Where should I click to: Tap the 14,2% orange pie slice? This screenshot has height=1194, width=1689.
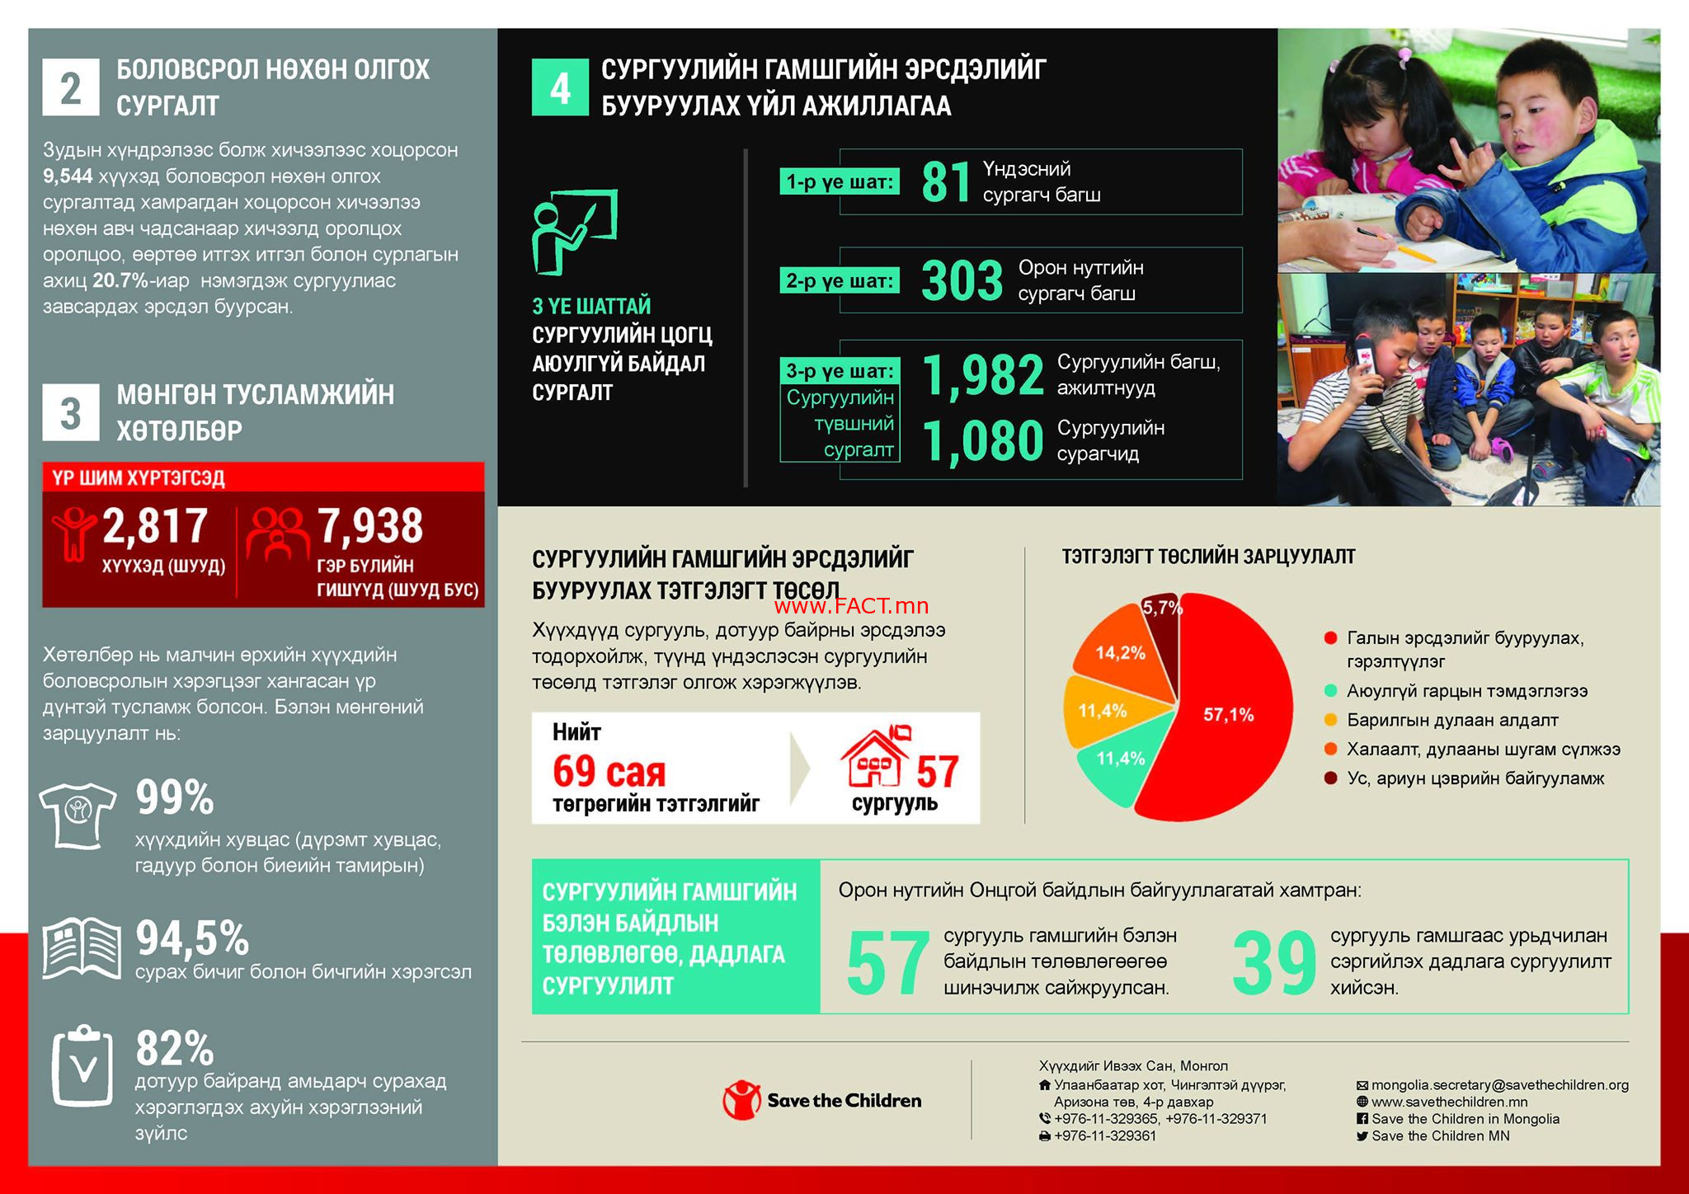point(1120,651)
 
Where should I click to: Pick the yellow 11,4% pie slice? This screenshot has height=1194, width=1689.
point(1103,710)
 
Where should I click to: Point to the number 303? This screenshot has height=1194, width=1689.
point(962,281)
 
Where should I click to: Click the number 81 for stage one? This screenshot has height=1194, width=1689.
point(946,182)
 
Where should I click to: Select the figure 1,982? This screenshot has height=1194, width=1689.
point(983,375)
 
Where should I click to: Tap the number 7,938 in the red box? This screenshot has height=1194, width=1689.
point(370,526)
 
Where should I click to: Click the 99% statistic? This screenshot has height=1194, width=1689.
point(175,797)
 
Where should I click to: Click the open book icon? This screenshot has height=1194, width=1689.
point(81,947)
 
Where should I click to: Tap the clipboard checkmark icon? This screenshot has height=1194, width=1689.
point(82,1065)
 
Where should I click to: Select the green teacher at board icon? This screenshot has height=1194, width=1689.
point(574,232)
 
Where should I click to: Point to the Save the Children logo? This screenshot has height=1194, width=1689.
point(822,1100)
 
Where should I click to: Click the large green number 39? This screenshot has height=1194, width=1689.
point(1273,963)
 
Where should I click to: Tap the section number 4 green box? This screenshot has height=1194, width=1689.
point(560,87)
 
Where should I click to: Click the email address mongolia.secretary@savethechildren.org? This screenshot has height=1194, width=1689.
point(1499,1085)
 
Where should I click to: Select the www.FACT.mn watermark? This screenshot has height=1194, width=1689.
point(852,606)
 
